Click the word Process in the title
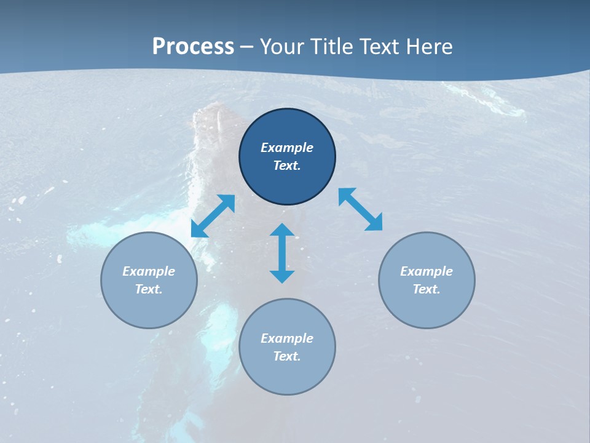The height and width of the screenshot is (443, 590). [x=193, y=47]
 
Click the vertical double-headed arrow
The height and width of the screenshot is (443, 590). [x=282, y=253]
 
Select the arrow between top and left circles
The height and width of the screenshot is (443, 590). [x=213, y=216]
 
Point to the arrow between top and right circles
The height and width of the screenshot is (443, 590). [x=361, y=209]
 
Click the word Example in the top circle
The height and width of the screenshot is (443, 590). [x=287, y=148]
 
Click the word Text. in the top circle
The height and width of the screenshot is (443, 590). [x=287, y=166]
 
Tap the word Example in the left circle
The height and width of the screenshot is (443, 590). [x=149, y=271]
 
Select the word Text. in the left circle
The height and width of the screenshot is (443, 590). [x=149, y=289]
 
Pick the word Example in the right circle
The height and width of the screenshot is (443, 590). [x=427, y=271]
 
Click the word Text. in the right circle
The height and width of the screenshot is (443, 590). [x=427, y=289]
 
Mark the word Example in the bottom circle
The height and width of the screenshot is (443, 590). [x=287, y=338]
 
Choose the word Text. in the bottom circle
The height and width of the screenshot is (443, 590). [x=287, y=356]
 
